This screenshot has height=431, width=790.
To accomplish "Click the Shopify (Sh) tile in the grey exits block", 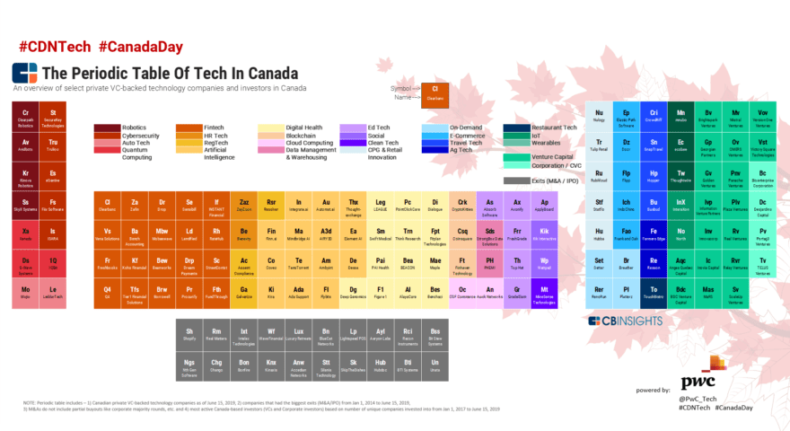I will (x=189, y=335).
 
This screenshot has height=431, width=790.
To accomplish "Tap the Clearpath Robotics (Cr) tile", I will (x=26, y=117).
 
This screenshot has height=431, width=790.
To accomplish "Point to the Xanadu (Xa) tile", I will (x=26, y=234).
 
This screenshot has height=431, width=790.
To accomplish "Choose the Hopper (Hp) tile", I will (x=654, y=175).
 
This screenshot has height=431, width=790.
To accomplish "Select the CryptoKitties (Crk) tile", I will (x=462, y=205).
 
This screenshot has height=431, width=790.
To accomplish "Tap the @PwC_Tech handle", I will (x=698, y=399).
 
